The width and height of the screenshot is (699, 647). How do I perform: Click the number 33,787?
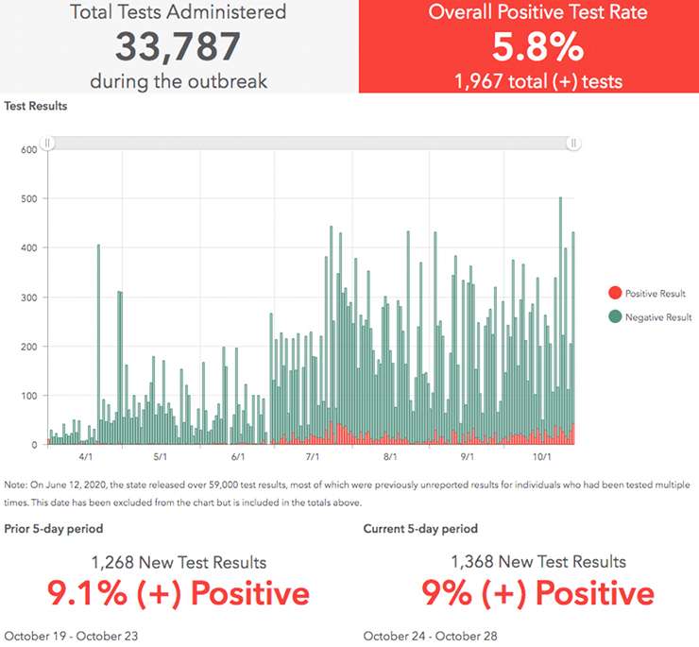pyautogui.click(x=179, y=47)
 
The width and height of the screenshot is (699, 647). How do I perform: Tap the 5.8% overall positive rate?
pyautogui.click(x=529, y=46)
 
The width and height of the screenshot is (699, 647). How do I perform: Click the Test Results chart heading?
pyautogui.click(x=36, y=106)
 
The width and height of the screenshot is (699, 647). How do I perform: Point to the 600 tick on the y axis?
pyautogui.click(x=28, y=149)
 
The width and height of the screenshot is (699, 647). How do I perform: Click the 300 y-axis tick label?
pyautogui.click(x=28, y=297)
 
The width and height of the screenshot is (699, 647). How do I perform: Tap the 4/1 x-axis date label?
pyautogui.click(x=86, y=456)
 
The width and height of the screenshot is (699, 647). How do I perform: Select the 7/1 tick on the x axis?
pyautogui.click(x=313, y=456)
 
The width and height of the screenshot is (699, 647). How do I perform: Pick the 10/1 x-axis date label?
pyautogui.click(x=541, y=456)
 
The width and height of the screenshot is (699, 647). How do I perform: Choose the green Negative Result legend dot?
pyautogui.click(x=617, y=317)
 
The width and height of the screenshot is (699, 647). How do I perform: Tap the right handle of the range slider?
pyautogui.click(x=573, y=143)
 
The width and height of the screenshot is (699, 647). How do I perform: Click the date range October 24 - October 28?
pyautogui.click(x=430, y=636)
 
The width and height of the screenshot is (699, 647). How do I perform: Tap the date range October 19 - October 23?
pyautogui.click(x=71, y=636)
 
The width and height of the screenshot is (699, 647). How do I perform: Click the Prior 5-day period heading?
pyautogui.click(x=54, y=529)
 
